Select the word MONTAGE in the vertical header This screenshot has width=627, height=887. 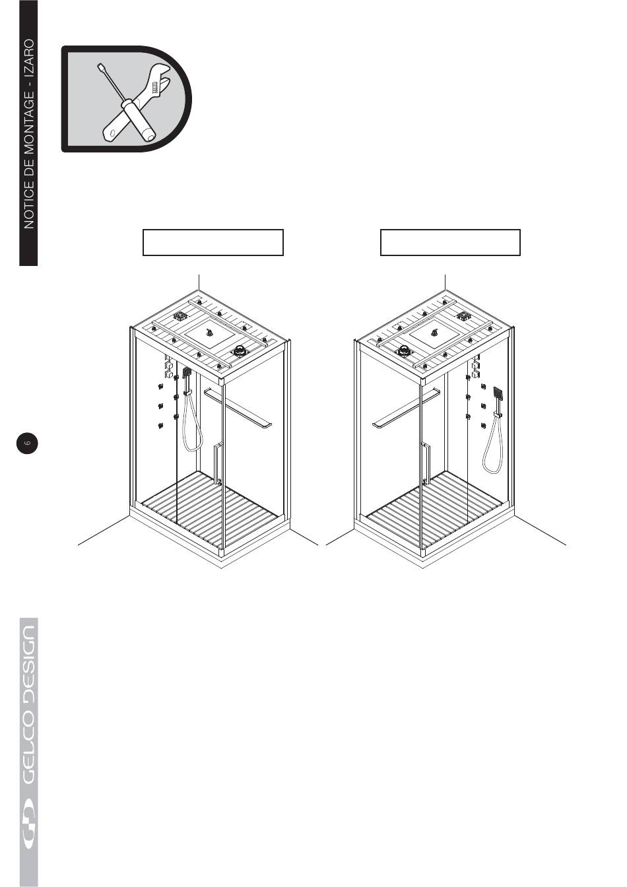(29, 131)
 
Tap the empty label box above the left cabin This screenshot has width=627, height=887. (213, 242)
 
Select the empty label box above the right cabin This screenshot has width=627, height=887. (450, 242)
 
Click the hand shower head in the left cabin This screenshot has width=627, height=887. (187, 373)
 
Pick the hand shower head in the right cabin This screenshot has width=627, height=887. (498, 393)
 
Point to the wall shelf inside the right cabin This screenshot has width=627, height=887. (405, 409)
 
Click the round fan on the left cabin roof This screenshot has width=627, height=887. (239, 351)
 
